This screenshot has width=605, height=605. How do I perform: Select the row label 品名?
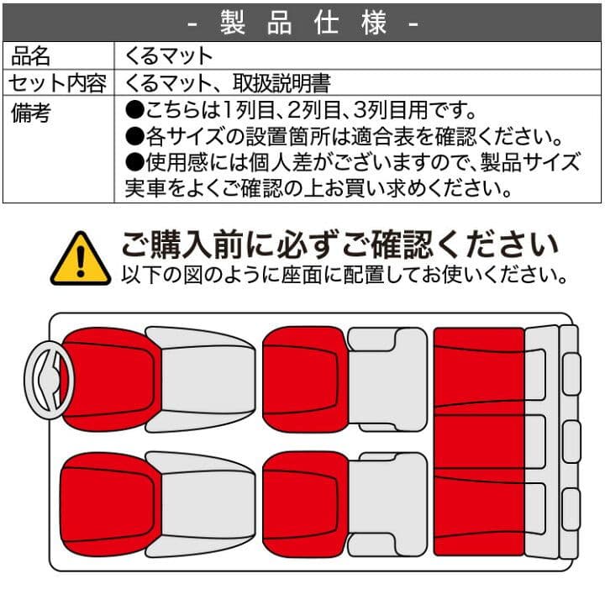click(x=31, y=56)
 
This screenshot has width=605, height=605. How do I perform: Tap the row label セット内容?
click(x=57, y=83)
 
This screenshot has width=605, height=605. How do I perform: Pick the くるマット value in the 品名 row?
click(x=169, y=56)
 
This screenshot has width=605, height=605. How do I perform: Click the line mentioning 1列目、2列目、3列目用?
click(x=302, y=111)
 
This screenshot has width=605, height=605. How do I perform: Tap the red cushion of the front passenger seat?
click(x=108, y=502)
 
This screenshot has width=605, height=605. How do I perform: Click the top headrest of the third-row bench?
click(x=571, y=374)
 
